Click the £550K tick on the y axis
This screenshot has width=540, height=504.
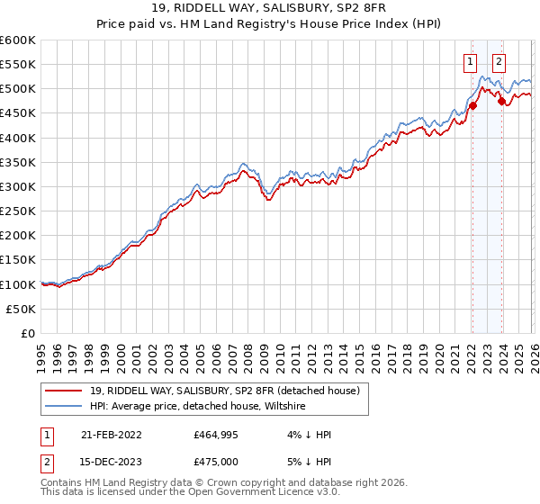point(18,64)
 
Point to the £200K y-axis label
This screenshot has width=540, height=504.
point(18,235)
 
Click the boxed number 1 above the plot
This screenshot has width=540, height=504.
point(471,62)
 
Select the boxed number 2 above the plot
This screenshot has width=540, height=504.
point(499,62)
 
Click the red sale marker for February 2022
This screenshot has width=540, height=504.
point(472,105)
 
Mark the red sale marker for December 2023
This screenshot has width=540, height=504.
point(501,101)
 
